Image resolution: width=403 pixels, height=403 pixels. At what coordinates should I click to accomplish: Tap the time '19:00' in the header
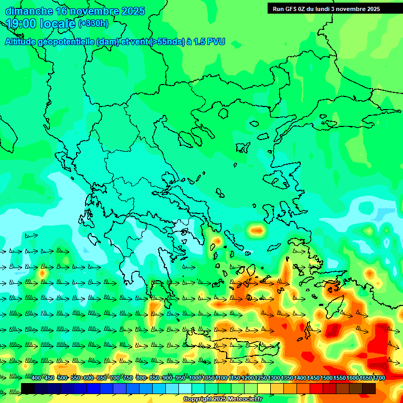[x=20, y=23]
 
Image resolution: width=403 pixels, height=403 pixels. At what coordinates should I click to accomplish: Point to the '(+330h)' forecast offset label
[x=93, y=23]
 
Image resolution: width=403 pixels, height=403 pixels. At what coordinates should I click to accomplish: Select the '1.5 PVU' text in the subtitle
[x=209, y=42]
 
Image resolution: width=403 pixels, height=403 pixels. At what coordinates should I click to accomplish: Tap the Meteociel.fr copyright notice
[x=222, y=399]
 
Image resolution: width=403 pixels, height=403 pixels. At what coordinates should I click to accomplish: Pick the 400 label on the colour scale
[x=36, y=378]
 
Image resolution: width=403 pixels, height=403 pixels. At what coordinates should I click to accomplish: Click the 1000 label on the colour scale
[x=195, y=378]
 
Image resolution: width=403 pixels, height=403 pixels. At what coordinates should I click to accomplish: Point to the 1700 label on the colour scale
[x=379, y=378]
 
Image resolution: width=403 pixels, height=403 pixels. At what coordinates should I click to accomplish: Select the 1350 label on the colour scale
[x=287, y=378]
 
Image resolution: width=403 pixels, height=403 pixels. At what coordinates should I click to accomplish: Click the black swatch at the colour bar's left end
[x=28, y=388]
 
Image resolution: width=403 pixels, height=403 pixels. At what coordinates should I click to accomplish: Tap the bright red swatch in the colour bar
[x=316, y=388]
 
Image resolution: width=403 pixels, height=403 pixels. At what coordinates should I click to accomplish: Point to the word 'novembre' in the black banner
[x=351, y=8]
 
